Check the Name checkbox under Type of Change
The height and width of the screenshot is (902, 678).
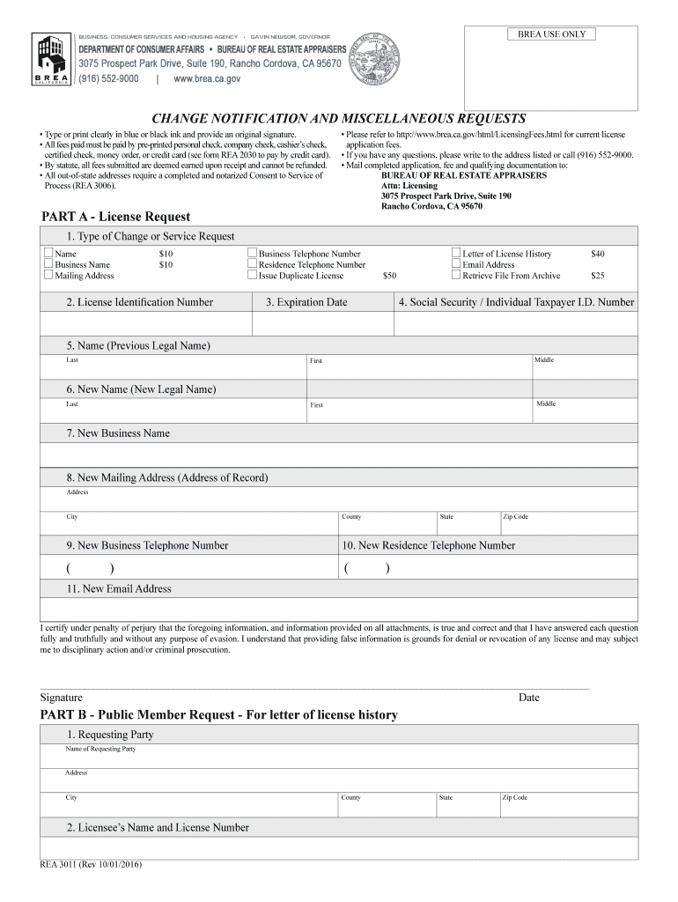coord(48,254)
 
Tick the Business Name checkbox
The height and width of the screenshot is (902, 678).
coord(48,264)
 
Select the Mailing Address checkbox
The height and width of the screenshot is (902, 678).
coord(48,276)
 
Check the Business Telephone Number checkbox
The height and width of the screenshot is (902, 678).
coord(253,254)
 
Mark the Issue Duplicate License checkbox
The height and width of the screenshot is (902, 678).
coord(253,276)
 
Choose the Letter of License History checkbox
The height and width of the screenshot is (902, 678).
coord(456,254)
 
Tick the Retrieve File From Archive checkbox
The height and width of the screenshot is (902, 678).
coord(456,276)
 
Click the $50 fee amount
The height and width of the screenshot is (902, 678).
coord(389,276)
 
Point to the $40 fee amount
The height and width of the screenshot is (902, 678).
coord(598,254)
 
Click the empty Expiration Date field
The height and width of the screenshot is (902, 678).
coord(322,325)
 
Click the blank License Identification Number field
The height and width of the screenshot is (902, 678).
coord(146,325)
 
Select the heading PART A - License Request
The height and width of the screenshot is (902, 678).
coord(116,217)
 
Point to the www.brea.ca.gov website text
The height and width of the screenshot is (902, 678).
coord(207,78)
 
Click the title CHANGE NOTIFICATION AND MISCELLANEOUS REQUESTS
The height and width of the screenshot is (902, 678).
coord(339,118)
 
